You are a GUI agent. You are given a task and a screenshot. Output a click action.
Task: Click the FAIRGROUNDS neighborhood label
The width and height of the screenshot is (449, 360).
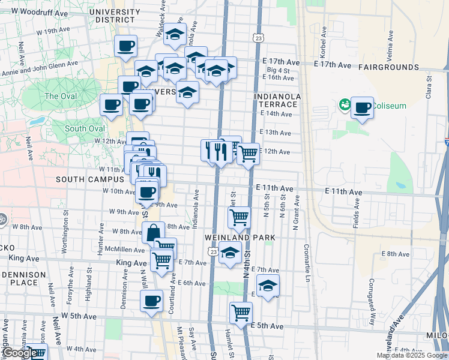click(x=389, y=67)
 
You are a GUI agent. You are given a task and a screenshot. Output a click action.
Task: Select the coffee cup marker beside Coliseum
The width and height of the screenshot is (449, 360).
click(x=362, y=108)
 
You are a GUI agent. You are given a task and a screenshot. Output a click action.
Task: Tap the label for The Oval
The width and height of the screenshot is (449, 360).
click(x=60, y=96)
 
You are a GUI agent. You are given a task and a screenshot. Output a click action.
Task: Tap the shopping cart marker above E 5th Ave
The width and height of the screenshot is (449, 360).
click(x=241, y=312)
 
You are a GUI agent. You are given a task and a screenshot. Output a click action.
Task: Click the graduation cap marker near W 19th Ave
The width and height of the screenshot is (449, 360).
click(x=175, y=35)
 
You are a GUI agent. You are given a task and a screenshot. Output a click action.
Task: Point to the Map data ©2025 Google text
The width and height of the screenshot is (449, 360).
click(x=411, y=355)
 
